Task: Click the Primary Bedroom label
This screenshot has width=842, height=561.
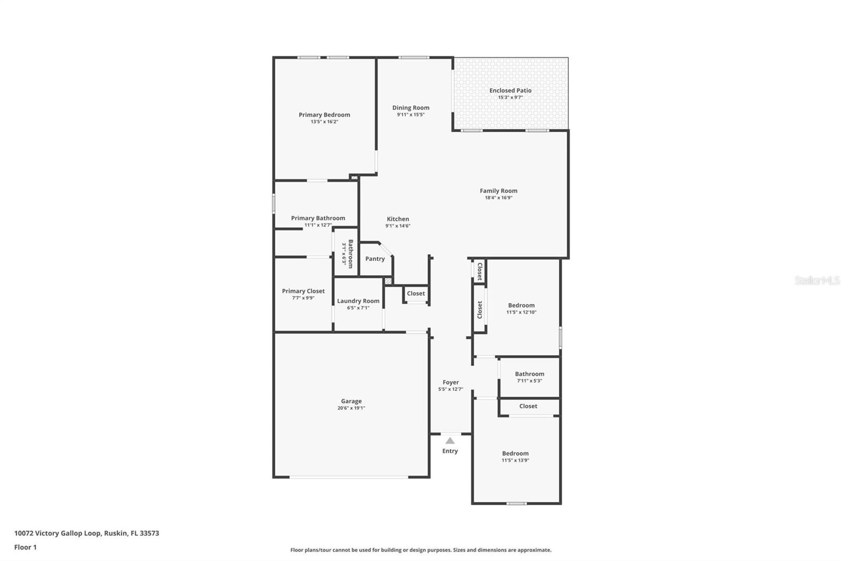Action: [324, 115]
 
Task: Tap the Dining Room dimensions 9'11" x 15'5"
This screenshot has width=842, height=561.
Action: [411, 114]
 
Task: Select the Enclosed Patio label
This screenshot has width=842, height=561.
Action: [510, 90]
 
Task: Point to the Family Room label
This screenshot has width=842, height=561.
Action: [498, 191]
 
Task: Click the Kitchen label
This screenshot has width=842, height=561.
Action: [398, 219]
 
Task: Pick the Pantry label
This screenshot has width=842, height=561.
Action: [375, 259]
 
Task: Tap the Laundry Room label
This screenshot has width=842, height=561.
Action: [358, 301]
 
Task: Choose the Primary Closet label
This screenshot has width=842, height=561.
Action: [303, 291]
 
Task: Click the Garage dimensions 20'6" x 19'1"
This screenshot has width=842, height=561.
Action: [352, 408]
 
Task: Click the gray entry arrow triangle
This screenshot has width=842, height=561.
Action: [450, 440]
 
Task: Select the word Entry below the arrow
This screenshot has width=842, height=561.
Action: [450, 451]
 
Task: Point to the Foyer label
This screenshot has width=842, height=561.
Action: [450, 382]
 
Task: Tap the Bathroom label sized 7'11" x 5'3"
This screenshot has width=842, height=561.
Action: [529, 374]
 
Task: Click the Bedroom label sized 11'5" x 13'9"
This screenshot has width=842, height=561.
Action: [515, 454]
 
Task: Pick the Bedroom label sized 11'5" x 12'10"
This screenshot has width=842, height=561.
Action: [522, 305]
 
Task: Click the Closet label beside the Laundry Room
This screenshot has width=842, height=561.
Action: [416, 293]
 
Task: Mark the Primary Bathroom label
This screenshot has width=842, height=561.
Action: [318, 218]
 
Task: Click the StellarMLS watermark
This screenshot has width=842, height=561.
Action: [817, 280]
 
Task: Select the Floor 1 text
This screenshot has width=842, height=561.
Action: [26, 547]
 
